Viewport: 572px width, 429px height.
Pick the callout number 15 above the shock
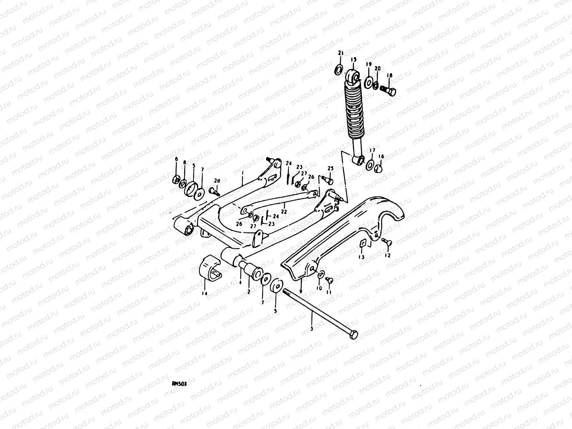pyautogui.click(x=354, y=59)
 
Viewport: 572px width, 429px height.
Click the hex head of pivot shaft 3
pyautogui.click(x=354, y=335)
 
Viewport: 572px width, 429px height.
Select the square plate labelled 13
pyautogui.click(x=362, y=243)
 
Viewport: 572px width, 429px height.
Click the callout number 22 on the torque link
pyautogui.click(x=284, y=211)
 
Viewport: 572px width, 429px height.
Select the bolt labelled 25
pyautogui.click(x=329, y=177)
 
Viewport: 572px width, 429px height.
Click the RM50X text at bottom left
pyautogui.click(x=179, y=383)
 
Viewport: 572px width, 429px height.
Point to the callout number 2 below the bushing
pyautogui.click(x=249, y=292)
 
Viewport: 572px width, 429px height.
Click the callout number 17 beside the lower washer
pyautogui.click(x=372, y=150)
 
